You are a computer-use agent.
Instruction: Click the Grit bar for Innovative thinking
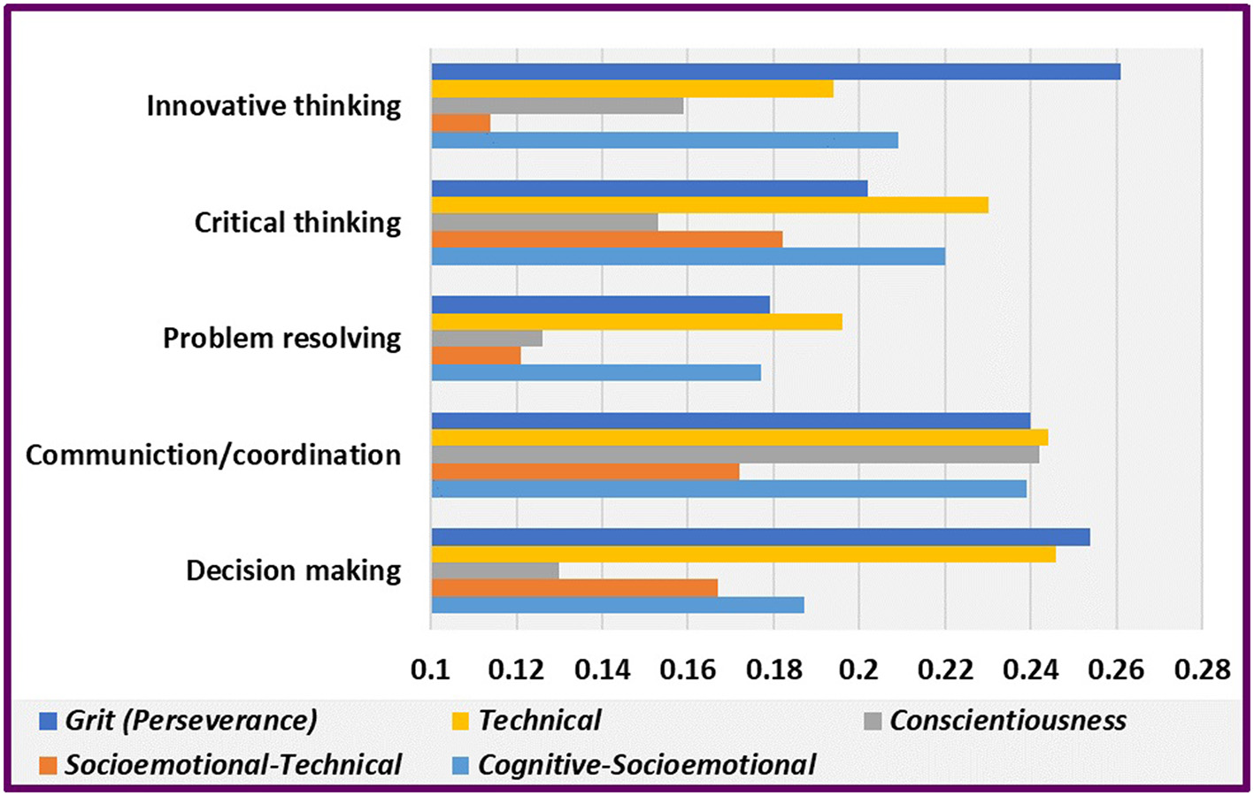775,72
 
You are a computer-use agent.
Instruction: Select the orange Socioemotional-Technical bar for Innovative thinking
461,123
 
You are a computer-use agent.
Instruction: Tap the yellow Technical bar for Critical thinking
710,205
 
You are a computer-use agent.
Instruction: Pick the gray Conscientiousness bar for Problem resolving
487,339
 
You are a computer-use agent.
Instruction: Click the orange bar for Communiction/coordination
585,471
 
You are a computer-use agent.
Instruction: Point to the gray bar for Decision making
495,570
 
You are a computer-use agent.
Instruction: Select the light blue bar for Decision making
618,605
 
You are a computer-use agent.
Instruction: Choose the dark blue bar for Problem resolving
600,305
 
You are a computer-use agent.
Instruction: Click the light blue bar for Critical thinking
688,256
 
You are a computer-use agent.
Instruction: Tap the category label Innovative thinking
273,106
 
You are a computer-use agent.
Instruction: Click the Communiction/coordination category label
213,455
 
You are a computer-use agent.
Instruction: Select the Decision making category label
293,570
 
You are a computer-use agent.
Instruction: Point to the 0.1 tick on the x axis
430,670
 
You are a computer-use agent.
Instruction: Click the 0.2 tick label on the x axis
858,670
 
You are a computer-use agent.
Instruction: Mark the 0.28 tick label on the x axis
1202,670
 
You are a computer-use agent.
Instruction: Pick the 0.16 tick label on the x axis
688,670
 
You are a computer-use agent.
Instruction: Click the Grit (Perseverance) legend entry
190,721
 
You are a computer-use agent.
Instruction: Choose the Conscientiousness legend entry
1007,721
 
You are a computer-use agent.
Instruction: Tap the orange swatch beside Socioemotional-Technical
48,765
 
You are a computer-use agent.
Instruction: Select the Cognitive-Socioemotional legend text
646,765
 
